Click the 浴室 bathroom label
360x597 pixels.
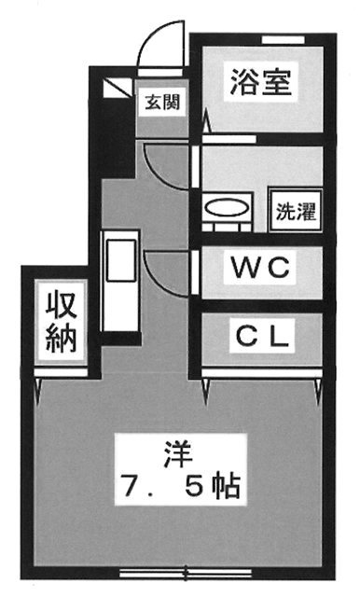(261, 82)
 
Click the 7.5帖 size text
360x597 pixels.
(180, 486)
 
